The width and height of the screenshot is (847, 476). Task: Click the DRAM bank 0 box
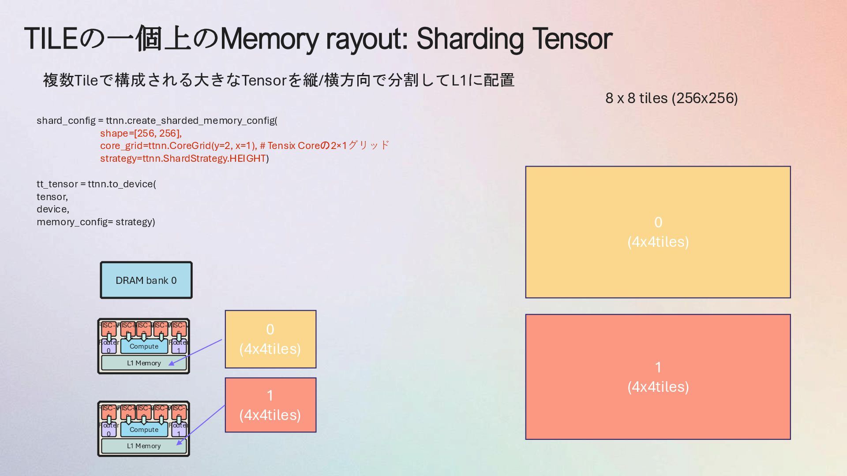click(x=146, y=280)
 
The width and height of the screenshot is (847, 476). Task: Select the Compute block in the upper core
click(x=144, y=346)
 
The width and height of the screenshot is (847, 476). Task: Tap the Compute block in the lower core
click(x=144, y=430)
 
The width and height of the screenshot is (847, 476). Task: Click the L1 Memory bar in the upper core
click(x=144, y=363)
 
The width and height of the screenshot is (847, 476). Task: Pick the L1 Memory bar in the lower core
click(x=144, y=446)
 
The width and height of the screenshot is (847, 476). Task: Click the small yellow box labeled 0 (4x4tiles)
click(x=270, y=339)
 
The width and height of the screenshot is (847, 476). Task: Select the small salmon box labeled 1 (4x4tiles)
click(x=270, y=405)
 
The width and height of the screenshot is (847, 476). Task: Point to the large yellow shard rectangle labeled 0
click(x=658, y=232)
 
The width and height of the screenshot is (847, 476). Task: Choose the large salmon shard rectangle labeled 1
click(x=658, y=377)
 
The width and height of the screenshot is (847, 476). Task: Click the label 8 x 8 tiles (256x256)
click(x=671, y=98)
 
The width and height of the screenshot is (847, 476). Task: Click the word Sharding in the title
click(x=471, y=39)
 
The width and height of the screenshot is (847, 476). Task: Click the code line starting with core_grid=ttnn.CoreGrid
click(x=244, y=146)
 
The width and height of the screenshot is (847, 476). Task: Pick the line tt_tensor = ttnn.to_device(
click(x=96, y=184)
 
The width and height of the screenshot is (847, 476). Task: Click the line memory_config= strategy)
click(x=96, y=222)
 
